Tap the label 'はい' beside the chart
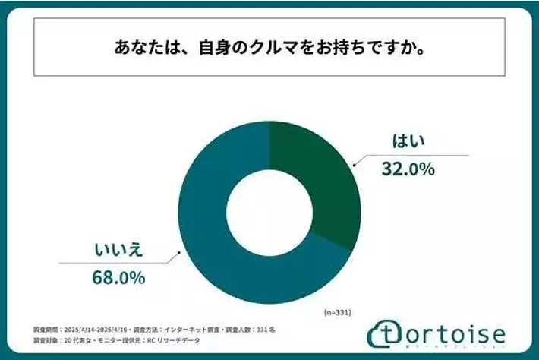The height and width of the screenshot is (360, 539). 408,141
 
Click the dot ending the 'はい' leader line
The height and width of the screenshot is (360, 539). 353,163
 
